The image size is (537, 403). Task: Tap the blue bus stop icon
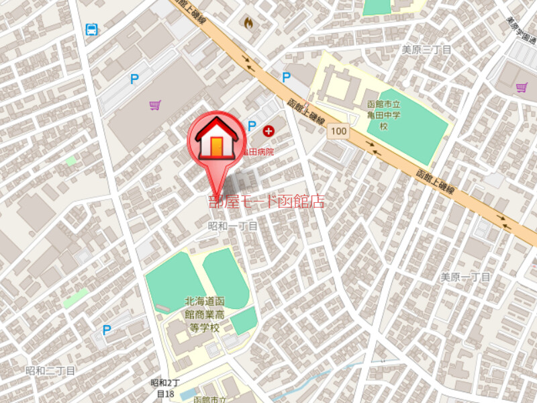pos(91,29)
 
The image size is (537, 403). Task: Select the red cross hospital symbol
pos(269,130)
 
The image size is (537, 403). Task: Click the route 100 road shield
pos(338,132)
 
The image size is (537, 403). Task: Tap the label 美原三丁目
pos(427,50)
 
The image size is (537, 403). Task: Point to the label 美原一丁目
pos(466,277)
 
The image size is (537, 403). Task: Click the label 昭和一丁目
pos(232,227)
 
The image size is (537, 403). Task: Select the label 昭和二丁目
pos(50,371)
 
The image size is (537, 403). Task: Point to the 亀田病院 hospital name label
pos(259,152)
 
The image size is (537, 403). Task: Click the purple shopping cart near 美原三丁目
pos(522,87)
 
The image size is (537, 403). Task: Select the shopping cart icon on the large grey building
pos(155,105)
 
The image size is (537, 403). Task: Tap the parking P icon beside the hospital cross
pos(252,125)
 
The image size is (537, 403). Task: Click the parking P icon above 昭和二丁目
pos(106,329)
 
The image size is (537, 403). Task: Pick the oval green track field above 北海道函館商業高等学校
pos(226,277)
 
